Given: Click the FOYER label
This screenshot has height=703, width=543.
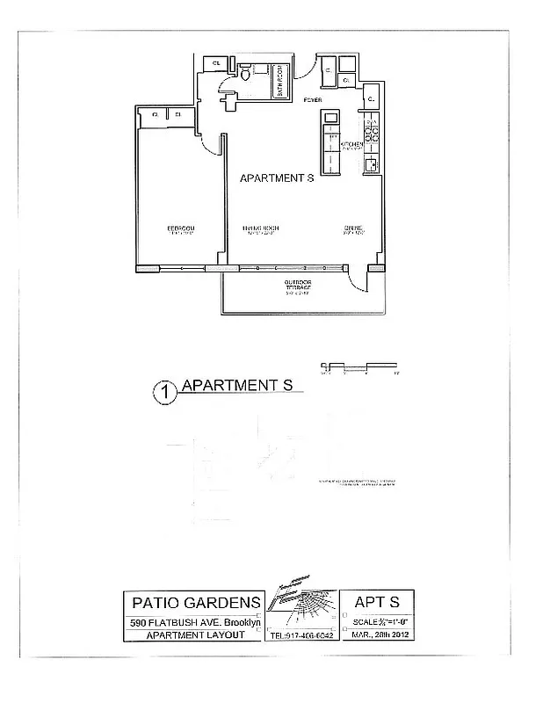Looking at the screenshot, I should [312, 100].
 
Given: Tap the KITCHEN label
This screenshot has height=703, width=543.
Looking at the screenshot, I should [352, 144].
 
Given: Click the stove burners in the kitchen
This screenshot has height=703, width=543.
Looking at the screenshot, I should [372, 133].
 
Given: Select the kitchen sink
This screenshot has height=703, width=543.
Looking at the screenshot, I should [372, 163].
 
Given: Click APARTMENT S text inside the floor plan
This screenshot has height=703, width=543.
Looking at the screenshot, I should [277, 178].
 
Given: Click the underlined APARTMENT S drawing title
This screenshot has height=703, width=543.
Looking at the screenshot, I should [235, 385].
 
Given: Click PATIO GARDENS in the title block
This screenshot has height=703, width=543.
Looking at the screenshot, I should [196, 603].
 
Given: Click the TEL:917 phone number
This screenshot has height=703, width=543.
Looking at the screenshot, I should [300, 635].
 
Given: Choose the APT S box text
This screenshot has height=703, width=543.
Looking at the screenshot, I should [376, 602].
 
